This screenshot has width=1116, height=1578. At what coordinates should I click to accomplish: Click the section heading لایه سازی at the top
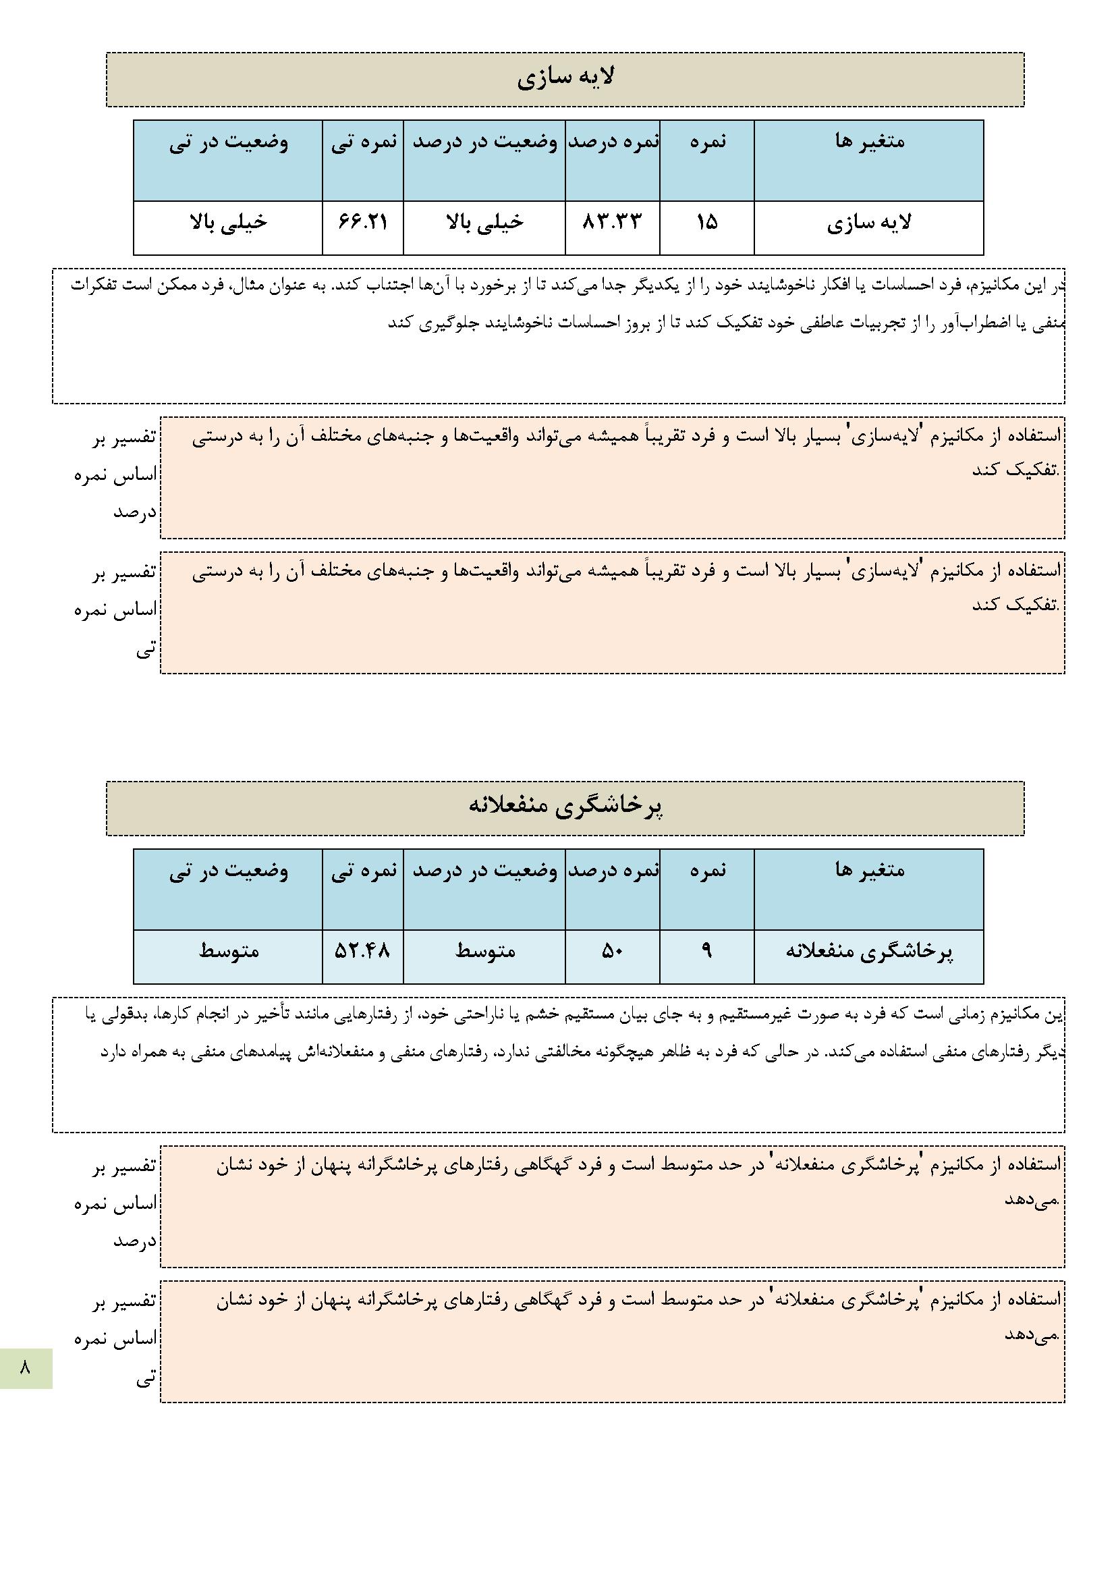[x=565, y=78]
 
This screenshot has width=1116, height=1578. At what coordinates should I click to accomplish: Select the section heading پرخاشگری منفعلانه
[x=565, y=807]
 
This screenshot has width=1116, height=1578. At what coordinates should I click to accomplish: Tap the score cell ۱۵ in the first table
[x=706, y=222]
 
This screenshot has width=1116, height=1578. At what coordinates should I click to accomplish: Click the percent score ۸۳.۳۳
[x=611, y=222]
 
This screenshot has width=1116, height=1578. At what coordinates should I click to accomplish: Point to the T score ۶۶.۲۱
[x=362, y=222]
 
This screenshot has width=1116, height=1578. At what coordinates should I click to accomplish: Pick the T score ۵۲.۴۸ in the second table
[x=362, y=950]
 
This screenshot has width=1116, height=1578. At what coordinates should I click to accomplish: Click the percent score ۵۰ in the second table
[x=611, y=951]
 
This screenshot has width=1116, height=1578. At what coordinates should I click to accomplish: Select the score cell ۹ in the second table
[x=706, y=950]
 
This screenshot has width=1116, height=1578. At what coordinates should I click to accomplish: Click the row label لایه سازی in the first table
[x=868, y=223]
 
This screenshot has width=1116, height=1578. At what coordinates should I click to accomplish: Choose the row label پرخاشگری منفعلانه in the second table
[x=868, y=951]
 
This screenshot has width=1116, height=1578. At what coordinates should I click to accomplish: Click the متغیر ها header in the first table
[x=869, y=142]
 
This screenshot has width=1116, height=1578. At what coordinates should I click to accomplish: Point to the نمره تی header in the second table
[x=364, y=870]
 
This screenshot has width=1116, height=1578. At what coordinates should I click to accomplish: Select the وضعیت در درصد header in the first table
[x=484, y=142]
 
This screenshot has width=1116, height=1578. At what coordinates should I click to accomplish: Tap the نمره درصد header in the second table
[x=613, y=870]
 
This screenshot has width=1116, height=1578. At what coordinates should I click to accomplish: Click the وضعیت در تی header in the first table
[x=228, y=142]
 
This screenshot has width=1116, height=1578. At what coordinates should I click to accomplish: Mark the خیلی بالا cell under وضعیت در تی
[x=228, y=222]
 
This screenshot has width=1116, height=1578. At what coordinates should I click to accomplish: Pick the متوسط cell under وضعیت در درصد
[x=484, y=951]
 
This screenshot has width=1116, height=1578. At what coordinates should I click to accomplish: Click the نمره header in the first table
[x=707, y=142]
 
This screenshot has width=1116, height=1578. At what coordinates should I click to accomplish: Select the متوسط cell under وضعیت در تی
[x=228, y=951]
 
